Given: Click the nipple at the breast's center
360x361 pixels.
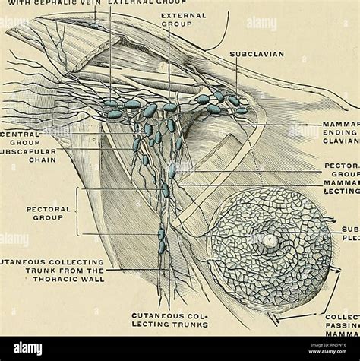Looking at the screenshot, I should [270, 241].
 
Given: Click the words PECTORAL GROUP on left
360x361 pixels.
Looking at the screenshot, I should [47, 212].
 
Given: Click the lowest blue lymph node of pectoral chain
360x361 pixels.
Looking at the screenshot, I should [161, 246].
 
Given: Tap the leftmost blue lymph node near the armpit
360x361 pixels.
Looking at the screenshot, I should [109, 103].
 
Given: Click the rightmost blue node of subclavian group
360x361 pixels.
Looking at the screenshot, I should [241, 111].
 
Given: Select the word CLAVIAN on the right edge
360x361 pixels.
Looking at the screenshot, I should [341, 140].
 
